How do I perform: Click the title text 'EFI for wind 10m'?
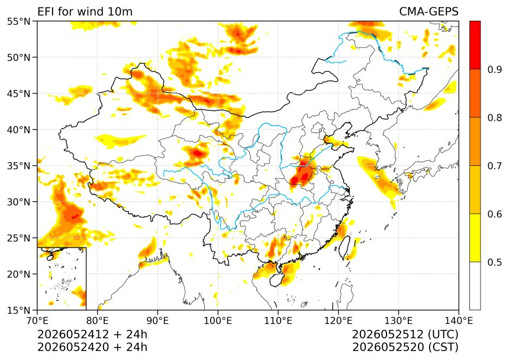[x=85, y=12]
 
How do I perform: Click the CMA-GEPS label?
[x=429, y=12]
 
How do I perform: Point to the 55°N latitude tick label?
[x=18, y=21]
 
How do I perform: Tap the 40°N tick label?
[x=18, y=130]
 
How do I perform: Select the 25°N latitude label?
[x=18, y=238]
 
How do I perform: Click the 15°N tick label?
[x=18, y=310]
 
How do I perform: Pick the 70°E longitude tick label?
[x=37, y=321]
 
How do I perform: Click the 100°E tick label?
[x=218, y=321]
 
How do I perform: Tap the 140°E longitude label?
[x=459, y=321]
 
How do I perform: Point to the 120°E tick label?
[x=339, y=321]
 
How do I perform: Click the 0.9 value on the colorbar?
[x=494, y=69]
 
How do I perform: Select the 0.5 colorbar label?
[x=494, y=262]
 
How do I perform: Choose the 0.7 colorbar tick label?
[x=494, y=166]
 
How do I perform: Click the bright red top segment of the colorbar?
[x=475, y=45]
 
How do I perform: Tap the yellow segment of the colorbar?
[x=475, y=237]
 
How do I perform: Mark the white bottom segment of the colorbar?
[x=475, y=286]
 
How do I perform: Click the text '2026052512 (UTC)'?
[x=405, y=335]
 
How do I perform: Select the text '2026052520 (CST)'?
[x=405, y=347]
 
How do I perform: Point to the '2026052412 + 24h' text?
[x=92, y=335]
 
